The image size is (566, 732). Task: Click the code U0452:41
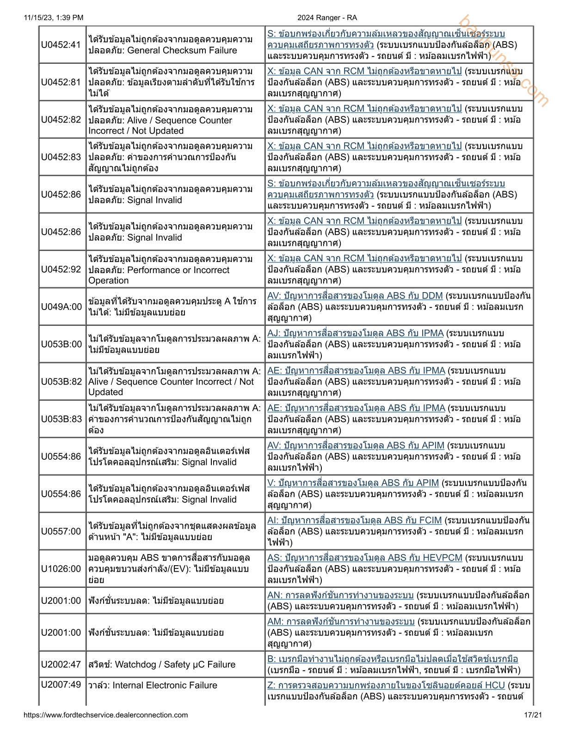(61, 45)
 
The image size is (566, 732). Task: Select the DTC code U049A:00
(61, 307)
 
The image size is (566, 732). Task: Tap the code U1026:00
(61, 569)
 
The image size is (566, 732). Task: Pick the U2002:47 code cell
(61, 665)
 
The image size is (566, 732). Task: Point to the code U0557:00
(61, 531)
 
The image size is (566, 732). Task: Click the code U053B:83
(61, 419)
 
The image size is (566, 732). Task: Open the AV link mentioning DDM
(355, 296)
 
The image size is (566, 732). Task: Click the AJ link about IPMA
(355, 333)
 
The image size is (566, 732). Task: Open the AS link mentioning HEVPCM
(364, 558)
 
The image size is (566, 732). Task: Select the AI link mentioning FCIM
(354, 520)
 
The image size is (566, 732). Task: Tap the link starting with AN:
(340, 595)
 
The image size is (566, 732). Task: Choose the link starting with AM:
(341, 622)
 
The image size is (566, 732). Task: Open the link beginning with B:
(392, 659)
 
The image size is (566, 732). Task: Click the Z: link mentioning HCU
(386, 685)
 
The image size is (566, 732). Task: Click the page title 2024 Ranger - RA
(327, 18)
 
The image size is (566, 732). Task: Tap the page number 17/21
(533, 715)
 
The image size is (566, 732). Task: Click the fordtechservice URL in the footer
(105, 715)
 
